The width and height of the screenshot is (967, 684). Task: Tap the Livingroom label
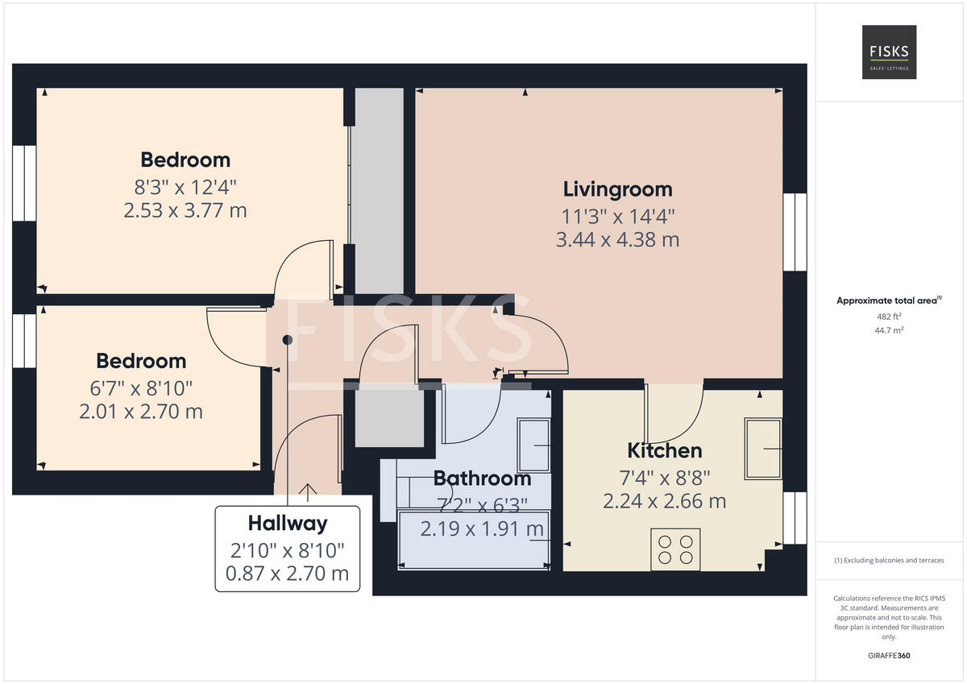coord(617,189)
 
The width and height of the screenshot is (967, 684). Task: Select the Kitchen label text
coord(664,450)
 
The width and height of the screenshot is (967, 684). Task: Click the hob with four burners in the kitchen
coord(675,549)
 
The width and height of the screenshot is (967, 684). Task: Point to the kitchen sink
coord(762,449)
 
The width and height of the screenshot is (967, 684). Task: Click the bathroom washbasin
coord(533,445)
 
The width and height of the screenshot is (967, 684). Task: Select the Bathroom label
coord(482,479)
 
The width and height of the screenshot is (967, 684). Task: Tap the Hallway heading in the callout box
coord(287,524)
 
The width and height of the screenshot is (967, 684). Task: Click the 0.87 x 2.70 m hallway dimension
coord(287,574)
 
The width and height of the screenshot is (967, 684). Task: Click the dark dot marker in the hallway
coord(287,340)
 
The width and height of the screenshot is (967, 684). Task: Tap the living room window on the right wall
coord(795,232)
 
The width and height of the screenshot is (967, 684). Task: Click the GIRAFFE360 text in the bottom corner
coord(889,656)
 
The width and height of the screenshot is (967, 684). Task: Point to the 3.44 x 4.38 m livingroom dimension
coord(617,239)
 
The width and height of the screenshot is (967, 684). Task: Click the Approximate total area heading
coord(886,301)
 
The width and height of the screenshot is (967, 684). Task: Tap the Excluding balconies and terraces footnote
coord(889,561)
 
